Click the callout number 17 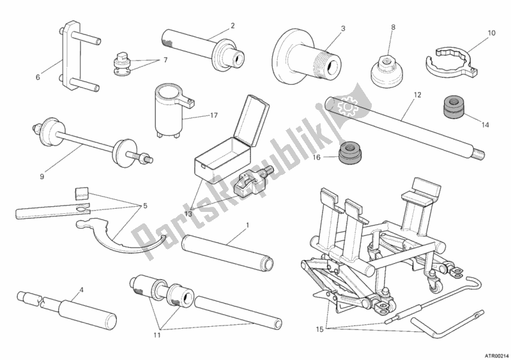214,116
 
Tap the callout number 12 418,95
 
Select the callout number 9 42,177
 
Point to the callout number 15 320,330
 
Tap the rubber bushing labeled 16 350,152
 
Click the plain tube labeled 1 227,253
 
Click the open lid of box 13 254,119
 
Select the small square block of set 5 81,193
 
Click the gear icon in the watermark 347,106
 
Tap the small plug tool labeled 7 121,64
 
